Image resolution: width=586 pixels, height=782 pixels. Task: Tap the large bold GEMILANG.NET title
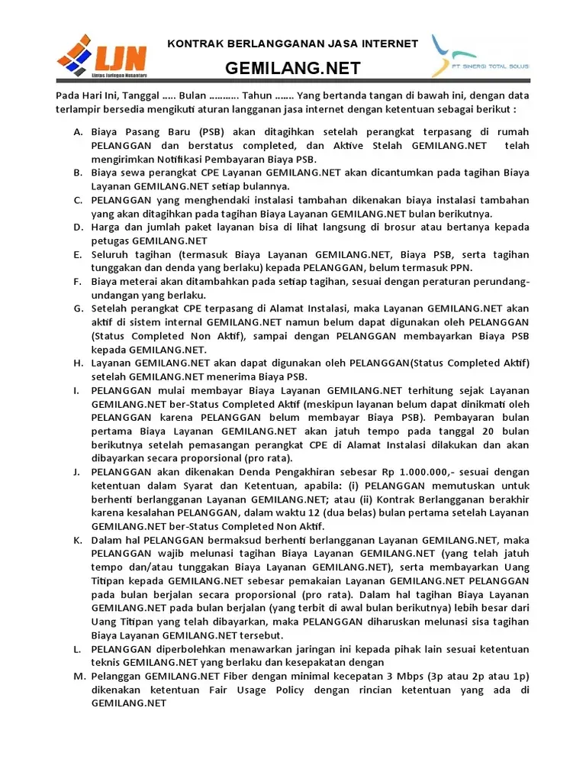[292, 69]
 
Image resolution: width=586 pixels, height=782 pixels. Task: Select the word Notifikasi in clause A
[179, 159]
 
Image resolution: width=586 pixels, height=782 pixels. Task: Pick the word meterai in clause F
[144, 282]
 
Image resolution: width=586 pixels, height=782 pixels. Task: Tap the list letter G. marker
[78, 309]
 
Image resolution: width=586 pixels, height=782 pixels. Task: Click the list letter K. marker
[78, 540]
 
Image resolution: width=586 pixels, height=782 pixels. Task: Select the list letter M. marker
[78, 677]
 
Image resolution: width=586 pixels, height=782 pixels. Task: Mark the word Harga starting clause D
[107, 228]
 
